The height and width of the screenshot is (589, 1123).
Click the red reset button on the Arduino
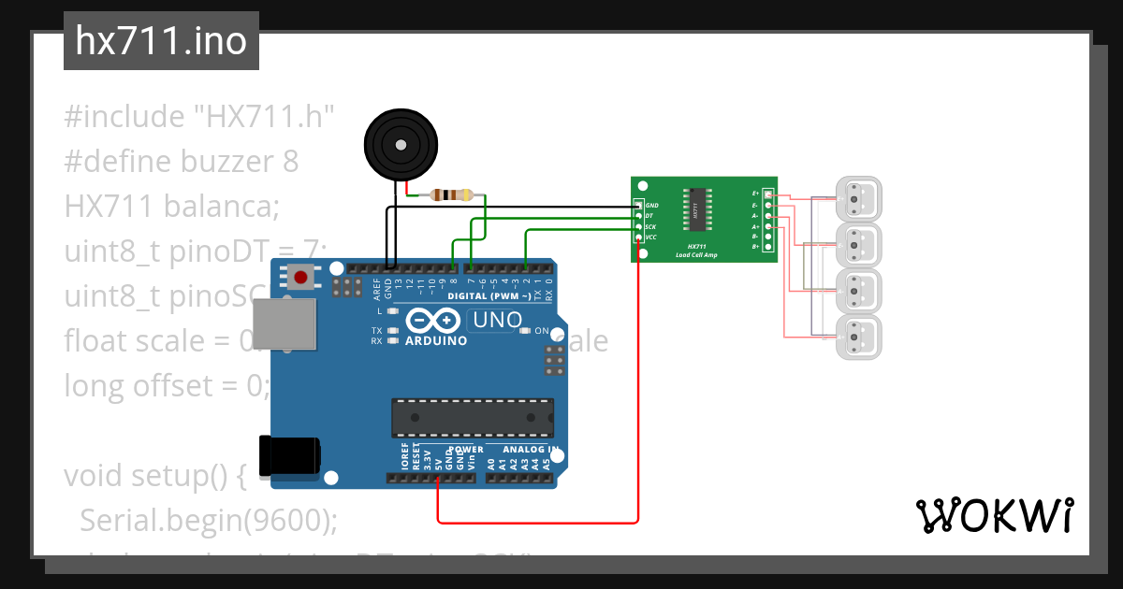coord(301,276)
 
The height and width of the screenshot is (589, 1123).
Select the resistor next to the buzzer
coord(450,195)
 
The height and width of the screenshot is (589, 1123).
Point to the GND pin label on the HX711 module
coord(652,205)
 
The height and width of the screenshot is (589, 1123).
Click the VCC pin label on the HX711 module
coord(651,237)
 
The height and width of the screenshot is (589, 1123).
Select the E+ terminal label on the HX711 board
coord(755,194)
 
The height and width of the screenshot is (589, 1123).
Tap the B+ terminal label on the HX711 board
coord(755,248)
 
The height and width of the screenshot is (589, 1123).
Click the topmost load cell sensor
coord(858,198)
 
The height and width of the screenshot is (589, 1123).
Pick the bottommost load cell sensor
coord(858,338)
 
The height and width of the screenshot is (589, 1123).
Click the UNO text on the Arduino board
coord(497,320)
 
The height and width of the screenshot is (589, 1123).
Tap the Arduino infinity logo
coord(434,321)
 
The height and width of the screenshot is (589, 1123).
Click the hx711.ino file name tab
coord(161,42)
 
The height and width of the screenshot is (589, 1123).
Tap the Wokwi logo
coord(994,515)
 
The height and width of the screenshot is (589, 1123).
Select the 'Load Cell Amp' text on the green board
coord(697,254)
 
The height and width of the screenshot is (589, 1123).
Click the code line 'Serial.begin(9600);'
coord(208,520)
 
